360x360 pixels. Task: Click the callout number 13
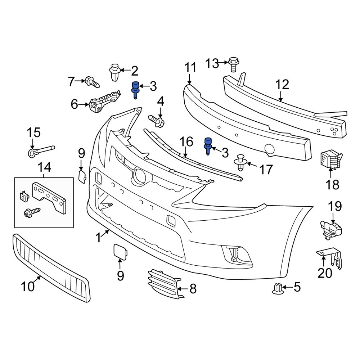point(212,64)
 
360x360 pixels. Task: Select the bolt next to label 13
point(233,65)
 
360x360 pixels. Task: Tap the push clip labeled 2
point(114,72)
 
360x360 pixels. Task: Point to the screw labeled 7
point(92,82)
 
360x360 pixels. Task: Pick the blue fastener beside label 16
point(208,146)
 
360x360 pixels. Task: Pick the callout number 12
point(282,85)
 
